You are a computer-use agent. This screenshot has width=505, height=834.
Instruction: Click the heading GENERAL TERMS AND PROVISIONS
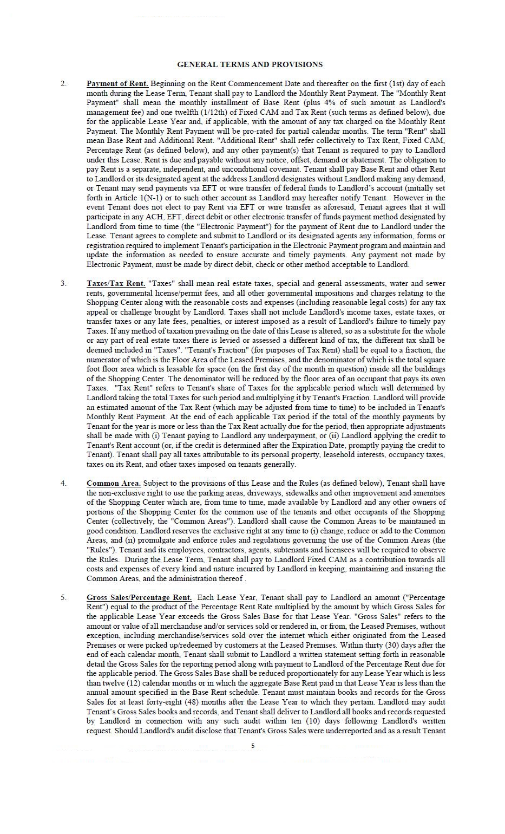(250, 64)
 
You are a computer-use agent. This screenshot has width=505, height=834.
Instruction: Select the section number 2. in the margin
(64, 83)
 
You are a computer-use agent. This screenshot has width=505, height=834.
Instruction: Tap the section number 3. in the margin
(64, 283)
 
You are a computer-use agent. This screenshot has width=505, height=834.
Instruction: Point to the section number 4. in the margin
(64, 483)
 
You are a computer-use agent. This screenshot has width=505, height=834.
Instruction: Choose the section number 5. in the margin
(64, 597)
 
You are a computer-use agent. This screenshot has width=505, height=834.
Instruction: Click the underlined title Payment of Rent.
(117, 83)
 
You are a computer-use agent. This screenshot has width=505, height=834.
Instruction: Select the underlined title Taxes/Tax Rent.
(116, 283)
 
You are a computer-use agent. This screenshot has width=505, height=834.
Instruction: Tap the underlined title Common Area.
(114, 483)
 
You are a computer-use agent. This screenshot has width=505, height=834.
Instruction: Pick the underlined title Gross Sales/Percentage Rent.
(139, 597)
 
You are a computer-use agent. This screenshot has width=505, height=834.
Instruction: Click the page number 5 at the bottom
(253, 746)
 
